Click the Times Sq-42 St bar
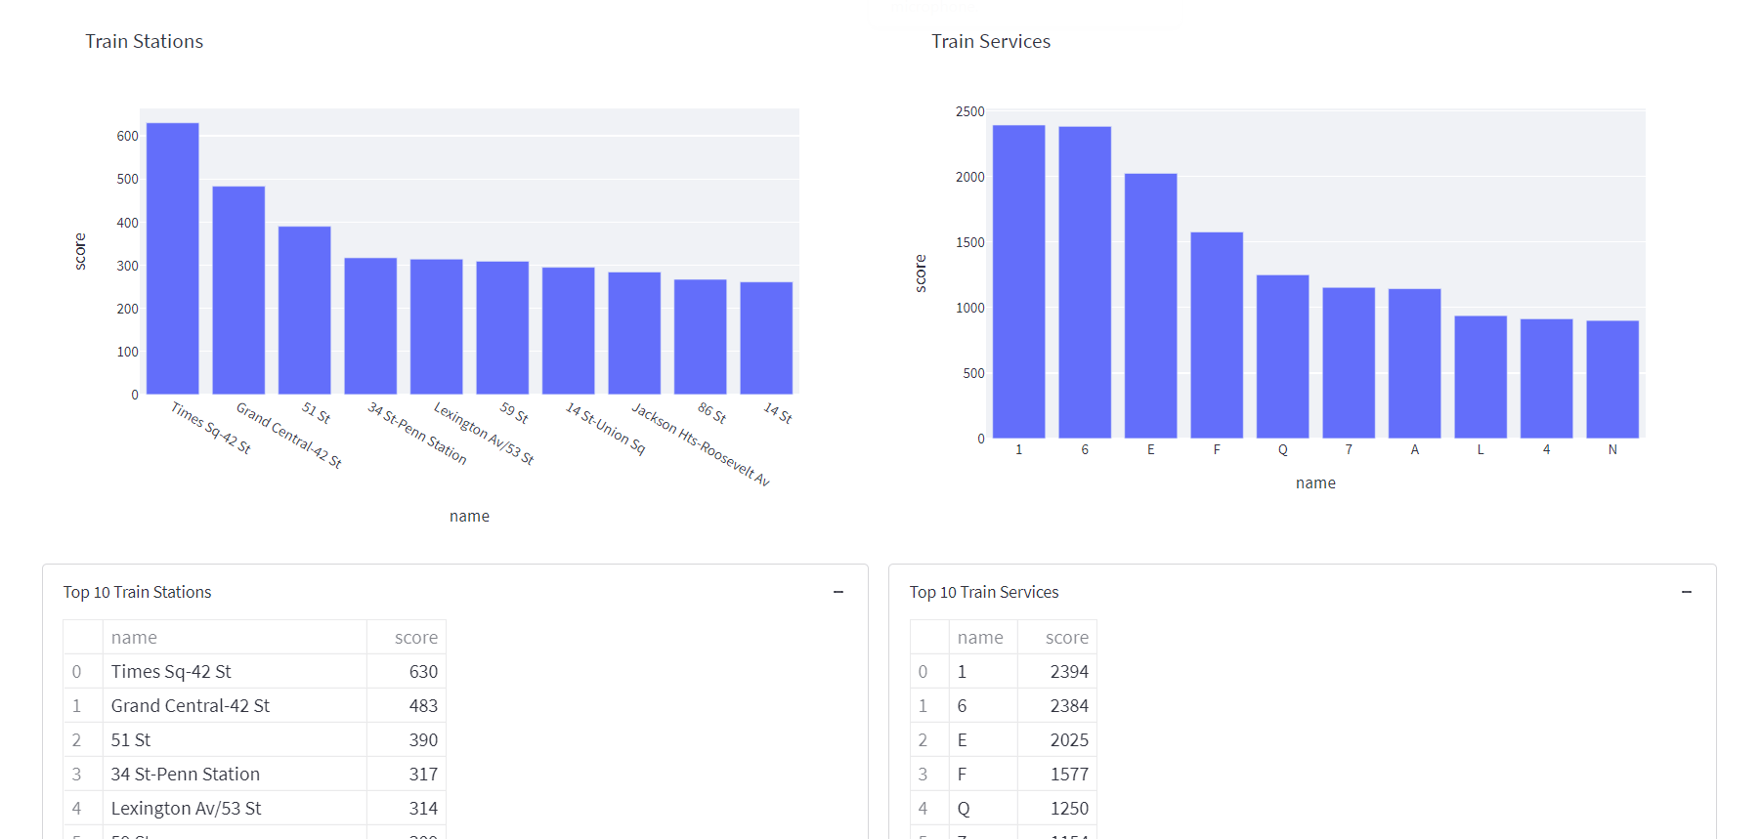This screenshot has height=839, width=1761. coord(172,259)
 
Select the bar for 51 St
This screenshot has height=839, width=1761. coord(304,311)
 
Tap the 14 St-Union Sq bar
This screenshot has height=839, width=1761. coord(568,331)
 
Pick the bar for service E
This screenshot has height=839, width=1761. coord(1150,306)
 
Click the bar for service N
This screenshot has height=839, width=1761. coord(1612,379)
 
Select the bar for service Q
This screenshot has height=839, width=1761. coord(1282,357)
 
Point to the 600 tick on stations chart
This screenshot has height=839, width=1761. coord(127,137)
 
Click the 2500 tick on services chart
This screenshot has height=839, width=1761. coord(969,112)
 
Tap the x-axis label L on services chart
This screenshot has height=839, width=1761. coord(1481,450)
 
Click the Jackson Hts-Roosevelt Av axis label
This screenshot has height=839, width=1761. coord(700,444)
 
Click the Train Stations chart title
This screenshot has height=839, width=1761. coord(144,41)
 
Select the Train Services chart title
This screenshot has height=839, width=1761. coord(990,41)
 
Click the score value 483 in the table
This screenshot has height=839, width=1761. coord(423,705)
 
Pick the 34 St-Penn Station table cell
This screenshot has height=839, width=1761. coord(186,774)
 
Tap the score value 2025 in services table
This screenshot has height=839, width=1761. coord(1068,739)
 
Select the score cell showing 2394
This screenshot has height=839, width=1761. coord(1068,671)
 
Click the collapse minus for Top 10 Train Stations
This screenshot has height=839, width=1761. coord(838,592)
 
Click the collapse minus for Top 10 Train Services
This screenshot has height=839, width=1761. coord(1686,592)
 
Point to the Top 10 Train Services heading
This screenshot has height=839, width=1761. coord(983,592)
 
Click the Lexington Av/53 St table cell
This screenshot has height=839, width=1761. coord(186,808)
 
